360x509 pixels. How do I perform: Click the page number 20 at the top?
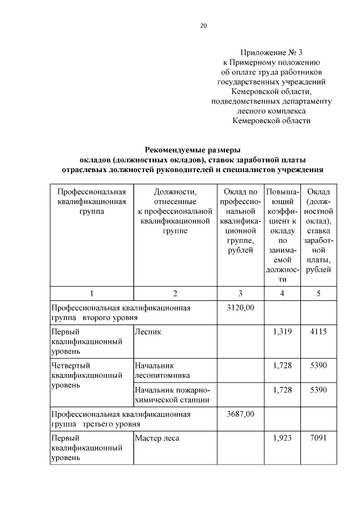(204, 26)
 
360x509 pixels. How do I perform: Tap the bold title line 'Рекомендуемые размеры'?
(192, 150)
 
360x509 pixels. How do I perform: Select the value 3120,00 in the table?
(240, 308)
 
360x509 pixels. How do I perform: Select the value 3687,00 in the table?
(240, 414)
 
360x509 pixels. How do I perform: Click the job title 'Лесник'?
(148, 332)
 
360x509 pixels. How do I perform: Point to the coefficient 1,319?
(282, 332)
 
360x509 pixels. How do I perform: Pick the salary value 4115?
(318, 332)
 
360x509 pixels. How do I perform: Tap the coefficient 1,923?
(282, 438)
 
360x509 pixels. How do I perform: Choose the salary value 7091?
(318, 438)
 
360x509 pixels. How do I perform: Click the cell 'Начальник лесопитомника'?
(163, 370)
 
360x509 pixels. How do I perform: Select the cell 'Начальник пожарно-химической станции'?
(172, 395)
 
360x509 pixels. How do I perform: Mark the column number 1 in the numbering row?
(91, 293)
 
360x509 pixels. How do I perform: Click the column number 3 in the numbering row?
(240, 293)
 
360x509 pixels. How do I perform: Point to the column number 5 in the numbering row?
(318, 293)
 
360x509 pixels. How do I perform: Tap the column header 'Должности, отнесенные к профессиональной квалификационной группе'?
(175, 211)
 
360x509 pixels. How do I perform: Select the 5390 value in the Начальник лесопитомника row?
(318, 366)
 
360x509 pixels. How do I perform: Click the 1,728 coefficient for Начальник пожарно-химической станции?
(282, 390)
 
